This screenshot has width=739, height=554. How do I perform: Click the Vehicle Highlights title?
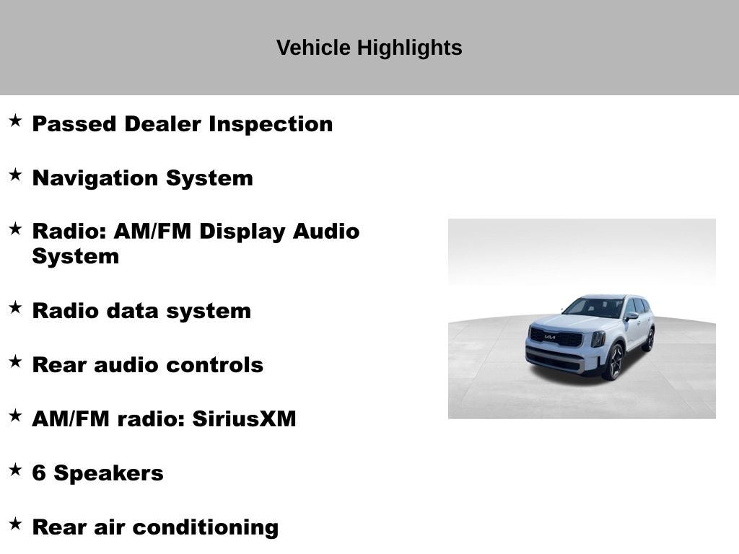click(369, 48)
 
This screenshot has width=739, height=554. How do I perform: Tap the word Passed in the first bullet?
click(74, 124)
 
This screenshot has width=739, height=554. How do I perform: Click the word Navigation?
click(96, 178)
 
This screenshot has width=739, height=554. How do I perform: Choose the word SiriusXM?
click(244, 419)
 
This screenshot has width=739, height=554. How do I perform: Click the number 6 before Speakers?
click(39, 474)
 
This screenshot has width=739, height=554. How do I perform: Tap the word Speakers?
click(108, 474)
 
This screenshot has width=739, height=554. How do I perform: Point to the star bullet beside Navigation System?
click(15, 175)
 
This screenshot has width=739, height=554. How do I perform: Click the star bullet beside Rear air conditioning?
click(15, 524)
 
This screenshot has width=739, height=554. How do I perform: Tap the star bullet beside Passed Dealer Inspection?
click(15, 120)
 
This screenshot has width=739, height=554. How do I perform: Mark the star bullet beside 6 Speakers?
click(15, 470)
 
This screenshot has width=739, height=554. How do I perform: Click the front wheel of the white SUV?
click(614, 361)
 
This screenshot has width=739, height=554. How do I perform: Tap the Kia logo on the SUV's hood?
click(550, 336)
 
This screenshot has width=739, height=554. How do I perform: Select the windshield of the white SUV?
click(593, 308)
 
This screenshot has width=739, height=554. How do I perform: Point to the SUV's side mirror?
click(631, 315)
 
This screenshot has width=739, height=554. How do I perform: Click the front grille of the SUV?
click(556, 338)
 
